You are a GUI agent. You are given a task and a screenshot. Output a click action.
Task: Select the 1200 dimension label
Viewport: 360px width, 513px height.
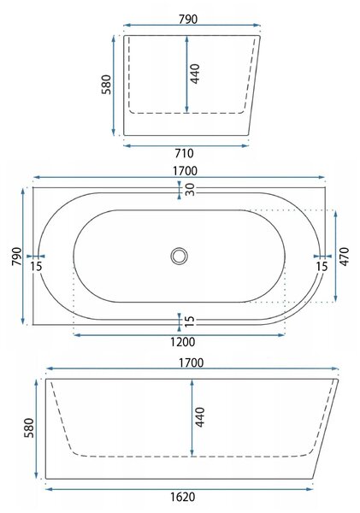182,342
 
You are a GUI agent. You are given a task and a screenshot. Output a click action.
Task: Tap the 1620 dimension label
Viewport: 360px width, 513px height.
183,497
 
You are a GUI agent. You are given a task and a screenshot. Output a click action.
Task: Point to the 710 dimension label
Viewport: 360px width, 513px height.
184,153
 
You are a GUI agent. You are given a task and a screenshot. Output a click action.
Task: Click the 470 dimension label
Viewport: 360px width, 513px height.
345,256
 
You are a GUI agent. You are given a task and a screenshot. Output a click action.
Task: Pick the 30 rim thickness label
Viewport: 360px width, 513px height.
190,190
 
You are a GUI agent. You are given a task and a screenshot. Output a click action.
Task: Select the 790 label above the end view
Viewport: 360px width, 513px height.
188,20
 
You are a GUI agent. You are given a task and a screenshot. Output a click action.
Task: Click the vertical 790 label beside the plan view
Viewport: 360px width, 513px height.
17,256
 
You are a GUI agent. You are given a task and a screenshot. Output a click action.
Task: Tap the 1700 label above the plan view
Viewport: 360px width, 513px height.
186,171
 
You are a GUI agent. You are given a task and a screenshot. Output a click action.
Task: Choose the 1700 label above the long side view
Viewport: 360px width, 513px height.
192,363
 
